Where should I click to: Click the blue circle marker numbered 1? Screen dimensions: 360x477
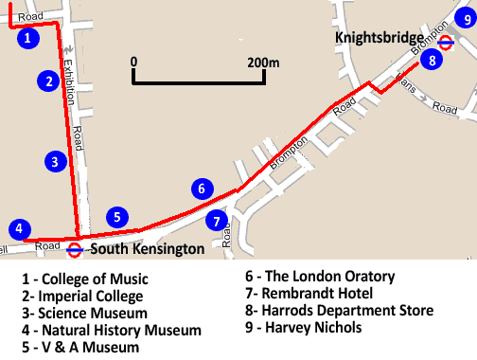click(x=29, y=38)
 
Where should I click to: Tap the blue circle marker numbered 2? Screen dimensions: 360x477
click(x=47, y=81)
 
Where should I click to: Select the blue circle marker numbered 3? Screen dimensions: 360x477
click(x=57, y=161)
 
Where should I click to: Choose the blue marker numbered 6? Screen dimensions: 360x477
click(x=201, y=188)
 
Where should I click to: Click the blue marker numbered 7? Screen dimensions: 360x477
click(x=217, y=221)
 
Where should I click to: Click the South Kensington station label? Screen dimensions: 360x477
click(x=146, y=250)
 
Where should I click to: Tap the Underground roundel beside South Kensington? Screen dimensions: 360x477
click(x=74, y=250)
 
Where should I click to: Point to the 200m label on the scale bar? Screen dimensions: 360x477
click(x=263, y=62)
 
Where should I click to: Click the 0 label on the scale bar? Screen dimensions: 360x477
click(x=134, y=62)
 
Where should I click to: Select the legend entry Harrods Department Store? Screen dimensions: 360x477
click(x=338, y=311)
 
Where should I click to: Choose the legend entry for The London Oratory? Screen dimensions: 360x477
click(x=319, y=277)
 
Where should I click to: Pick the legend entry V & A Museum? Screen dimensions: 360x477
click(x=80, y=348)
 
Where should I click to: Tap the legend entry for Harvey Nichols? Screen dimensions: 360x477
click(x=303, y=328)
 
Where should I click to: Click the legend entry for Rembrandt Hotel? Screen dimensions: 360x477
click(x=309, y=294)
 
